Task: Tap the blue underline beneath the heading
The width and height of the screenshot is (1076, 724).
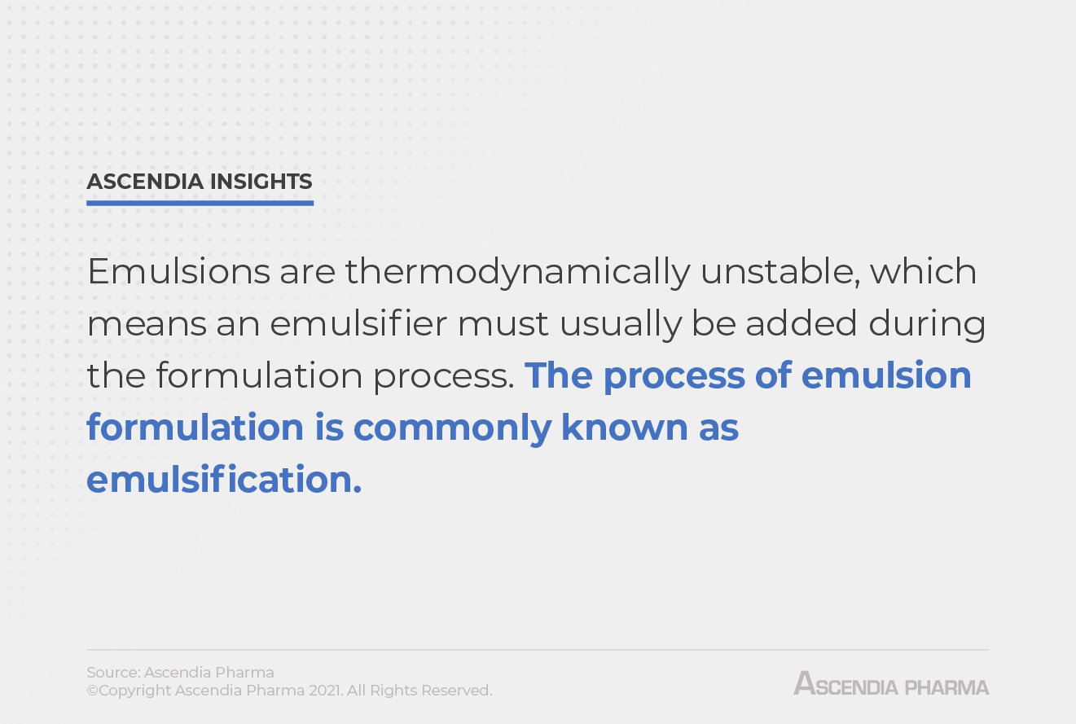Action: click(x=200, y=202)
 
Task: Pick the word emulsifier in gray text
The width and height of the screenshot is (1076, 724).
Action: click(x=358, y=324)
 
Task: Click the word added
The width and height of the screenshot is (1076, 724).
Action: click(x=801, y=324)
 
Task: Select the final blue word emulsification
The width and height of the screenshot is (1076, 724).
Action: click(x=223, y=480)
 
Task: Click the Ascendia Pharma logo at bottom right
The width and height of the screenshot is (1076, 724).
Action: click(x=891, y=684)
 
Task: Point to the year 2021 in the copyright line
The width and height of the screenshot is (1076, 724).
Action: click(x=326, y=691)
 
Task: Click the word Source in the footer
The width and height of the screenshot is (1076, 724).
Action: click(x=112, y=673)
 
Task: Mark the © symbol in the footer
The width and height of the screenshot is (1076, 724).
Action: click(x=92, y=691)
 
